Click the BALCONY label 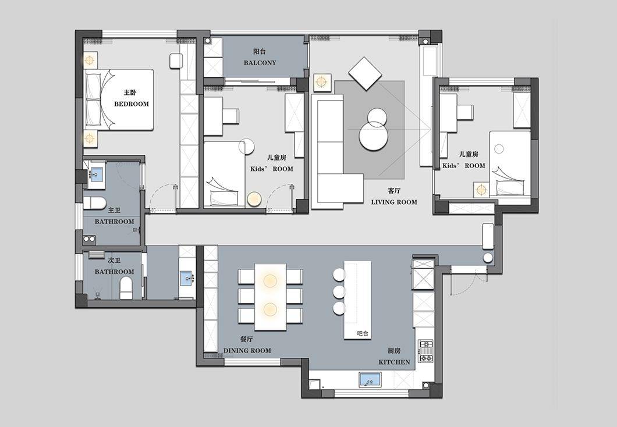tap(260, 63)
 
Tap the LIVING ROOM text tap(394, 202)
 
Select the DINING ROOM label tap(247, 351)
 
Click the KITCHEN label tap(394, 362)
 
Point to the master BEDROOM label tap(132, 104)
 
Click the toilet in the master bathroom tap(94, 203)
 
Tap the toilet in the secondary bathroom tap(126, 288)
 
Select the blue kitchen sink tap(370, 380)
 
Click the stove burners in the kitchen tap(425, 351)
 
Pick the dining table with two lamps tap(270, 297)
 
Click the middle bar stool tap(339, 291)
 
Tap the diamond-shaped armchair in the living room tap(366, 73)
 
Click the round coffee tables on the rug tap(374, 129)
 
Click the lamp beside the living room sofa tap(322, 82)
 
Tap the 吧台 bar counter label tap(363, 333)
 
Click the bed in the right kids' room tap(510, 163)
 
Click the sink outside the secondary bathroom tap(187, 278)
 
